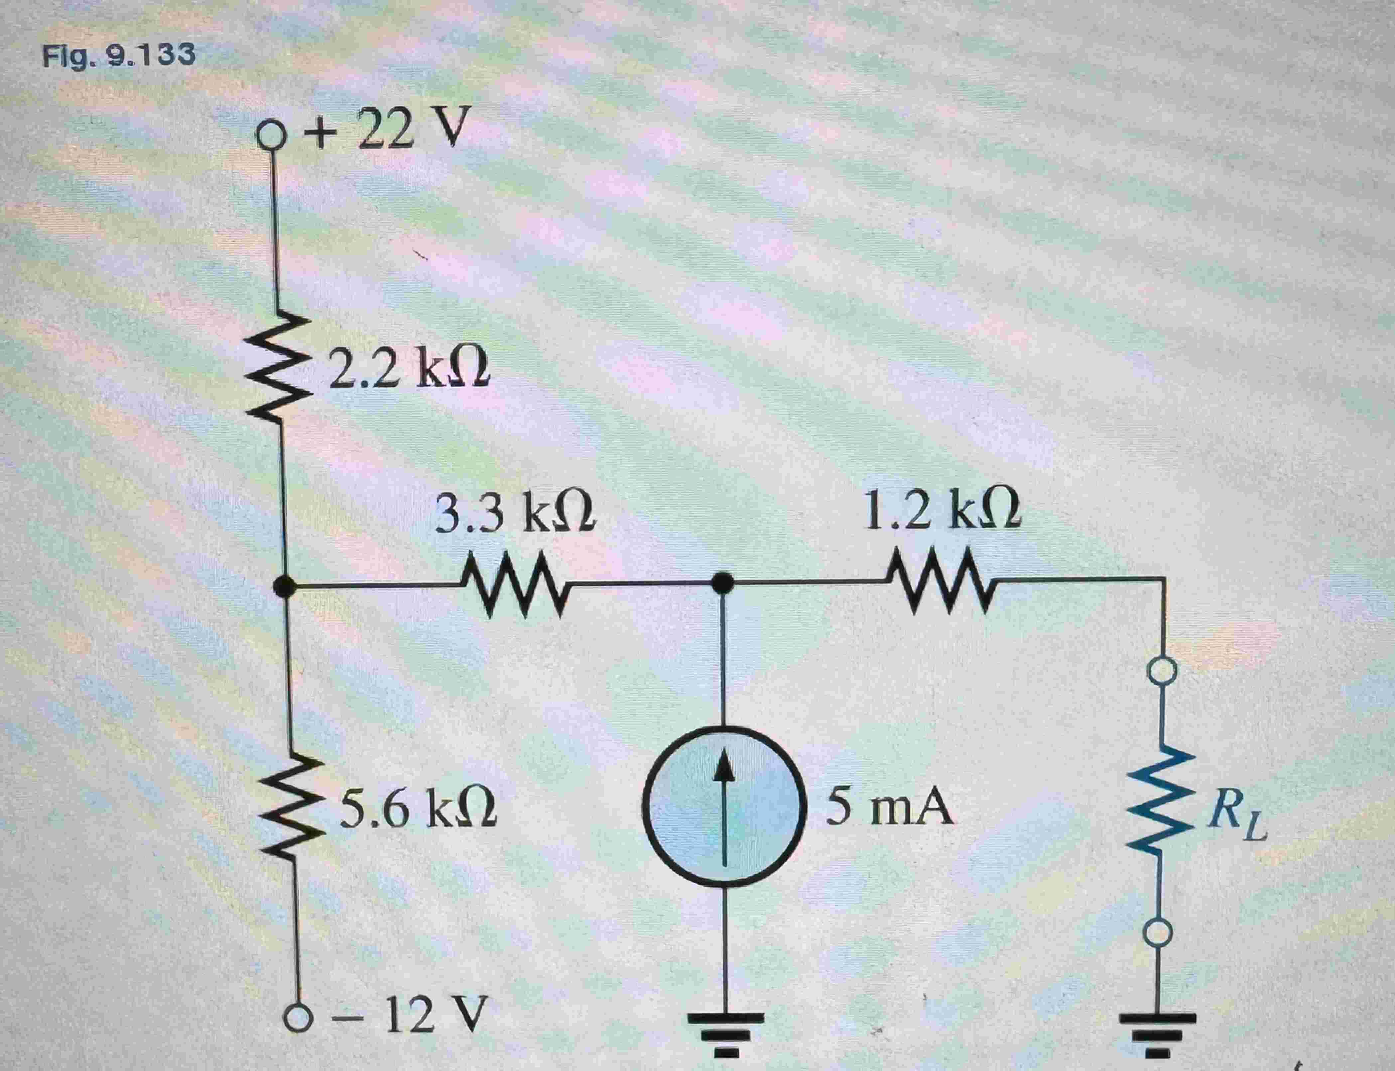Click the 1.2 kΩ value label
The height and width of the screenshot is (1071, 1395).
point(940,510)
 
